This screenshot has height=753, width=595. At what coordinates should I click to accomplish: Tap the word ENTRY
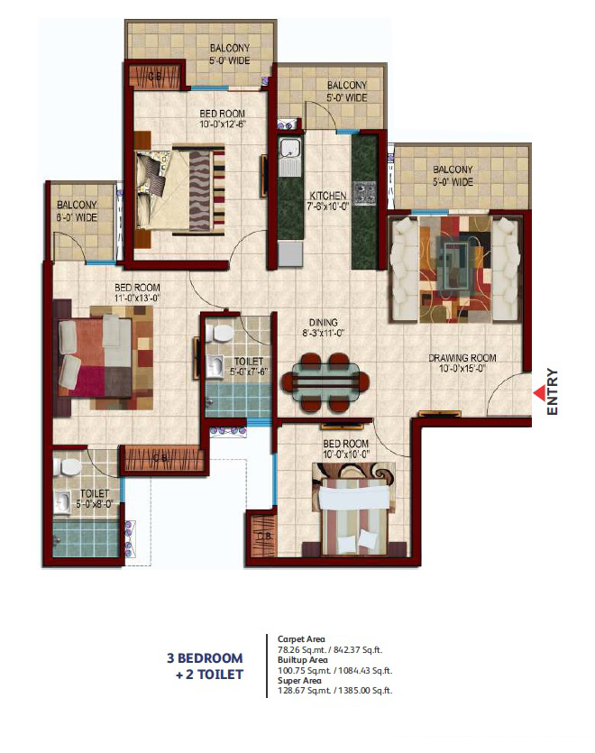(553, 392)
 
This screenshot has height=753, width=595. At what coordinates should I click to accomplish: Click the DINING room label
(323, 322)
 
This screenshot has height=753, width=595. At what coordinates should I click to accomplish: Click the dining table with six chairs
(325, 379)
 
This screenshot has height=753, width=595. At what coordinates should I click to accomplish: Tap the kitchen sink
(290, 155)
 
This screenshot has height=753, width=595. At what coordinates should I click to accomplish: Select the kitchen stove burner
(365, 193)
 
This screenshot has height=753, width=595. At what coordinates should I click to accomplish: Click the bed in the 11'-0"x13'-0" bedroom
(97, 356)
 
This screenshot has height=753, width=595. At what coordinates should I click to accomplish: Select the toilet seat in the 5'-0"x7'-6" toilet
(215, 335)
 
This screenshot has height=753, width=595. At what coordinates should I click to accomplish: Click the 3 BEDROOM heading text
(205, 657)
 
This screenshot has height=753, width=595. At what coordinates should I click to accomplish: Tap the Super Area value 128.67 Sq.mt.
(304, 691)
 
